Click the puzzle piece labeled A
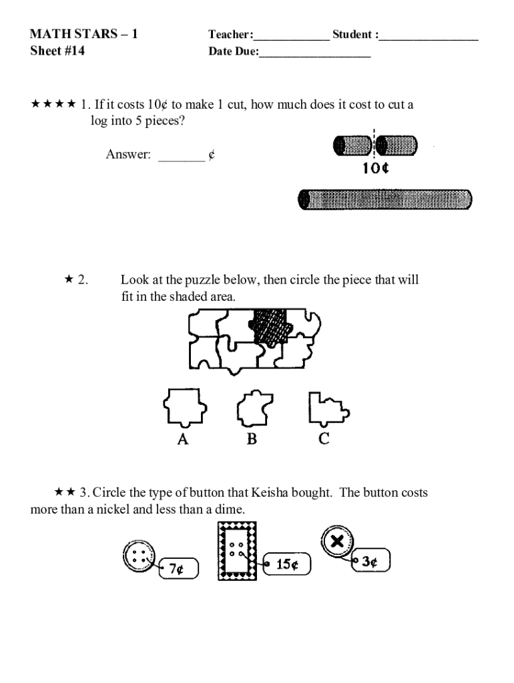coord(185,407)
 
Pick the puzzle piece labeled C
coord(328,409)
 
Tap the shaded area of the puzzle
coord(270,327)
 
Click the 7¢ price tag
coord(179,568)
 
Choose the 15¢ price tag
coord(287,564)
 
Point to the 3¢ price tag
coord(371,560)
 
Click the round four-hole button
coord(139,556)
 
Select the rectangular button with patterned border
coord(237,551)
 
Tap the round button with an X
coord(337,542)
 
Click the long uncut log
coord(385,199)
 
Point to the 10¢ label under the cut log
coord(375,167)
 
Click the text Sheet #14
coord(57,51)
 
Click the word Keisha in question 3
coord(269,493)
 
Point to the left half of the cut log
coord(352,145)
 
